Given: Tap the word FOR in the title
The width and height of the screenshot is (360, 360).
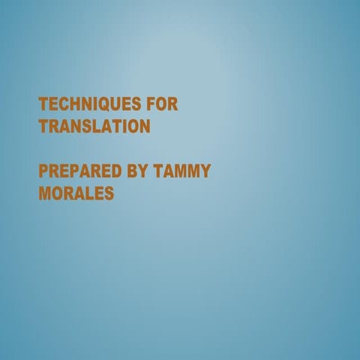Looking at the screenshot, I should click(x=163, y=103).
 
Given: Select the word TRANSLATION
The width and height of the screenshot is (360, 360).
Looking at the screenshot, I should click(x=94, y=126).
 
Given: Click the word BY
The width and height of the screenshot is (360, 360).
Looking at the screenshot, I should click(x=137, y=171).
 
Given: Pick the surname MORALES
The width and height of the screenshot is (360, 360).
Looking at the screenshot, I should click(x=76, y=193).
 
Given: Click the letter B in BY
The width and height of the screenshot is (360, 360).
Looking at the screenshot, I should click(x=131, y=171).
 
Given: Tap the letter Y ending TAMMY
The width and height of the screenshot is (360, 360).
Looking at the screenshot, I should click(x=205, y=171).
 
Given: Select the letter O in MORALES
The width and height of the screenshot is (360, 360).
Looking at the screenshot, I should click(x=57, y=193).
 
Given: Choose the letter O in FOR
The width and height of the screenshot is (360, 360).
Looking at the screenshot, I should click(x=162, y=103).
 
